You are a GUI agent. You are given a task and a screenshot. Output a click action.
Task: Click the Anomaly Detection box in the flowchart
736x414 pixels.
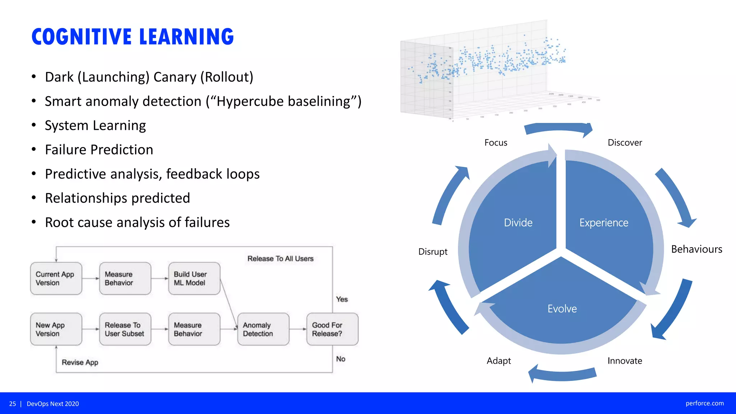coord(263,329)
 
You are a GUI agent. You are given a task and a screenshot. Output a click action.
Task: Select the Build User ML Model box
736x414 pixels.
coord(194,279)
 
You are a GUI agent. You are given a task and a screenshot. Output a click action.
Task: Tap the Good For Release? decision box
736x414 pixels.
coord(332,329)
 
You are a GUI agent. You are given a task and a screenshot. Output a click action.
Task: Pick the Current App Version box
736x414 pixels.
coord(56,279)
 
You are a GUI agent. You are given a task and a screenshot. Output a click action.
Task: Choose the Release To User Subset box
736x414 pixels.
coord(125,329)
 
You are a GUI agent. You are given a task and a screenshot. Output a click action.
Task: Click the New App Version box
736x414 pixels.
coord(56,329)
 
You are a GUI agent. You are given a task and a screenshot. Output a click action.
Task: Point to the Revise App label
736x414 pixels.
coord(80,362)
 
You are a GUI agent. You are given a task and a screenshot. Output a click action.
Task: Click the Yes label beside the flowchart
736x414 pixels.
coord(342,299)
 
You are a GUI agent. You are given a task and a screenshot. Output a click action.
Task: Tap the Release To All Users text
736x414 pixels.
coord(280,259)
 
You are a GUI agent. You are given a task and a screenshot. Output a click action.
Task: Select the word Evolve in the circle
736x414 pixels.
coord(562,309)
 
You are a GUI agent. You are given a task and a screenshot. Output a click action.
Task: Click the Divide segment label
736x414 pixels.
coord(518,223)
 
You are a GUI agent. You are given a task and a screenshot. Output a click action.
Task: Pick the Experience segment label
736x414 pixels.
coord(604,223)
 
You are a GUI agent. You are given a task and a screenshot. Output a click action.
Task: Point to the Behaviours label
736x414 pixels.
coord(696,249)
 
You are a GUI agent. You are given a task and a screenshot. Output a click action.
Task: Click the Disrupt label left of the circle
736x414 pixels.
coord(433,252)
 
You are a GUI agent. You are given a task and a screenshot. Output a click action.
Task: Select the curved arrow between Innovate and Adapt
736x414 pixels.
coord(562,374)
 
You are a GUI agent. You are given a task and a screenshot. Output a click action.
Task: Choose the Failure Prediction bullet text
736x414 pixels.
coord(99,149)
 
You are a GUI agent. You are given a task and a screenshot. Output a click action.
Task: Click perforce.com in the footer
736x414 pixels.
coord(704,403)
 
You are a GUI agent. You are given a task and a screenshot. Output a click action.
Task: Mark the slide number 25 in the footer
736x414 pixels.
coord(13,404)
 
